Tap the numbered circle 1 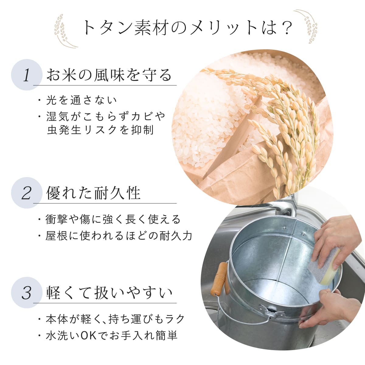pos(27,75)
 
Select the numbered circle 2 pos(27,193)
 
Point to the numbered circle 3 pos(27,293)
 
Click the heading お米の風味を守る pos(109,75)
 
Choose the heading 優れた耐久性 pos(93,193)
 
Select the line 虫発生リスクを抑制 pos(100,130)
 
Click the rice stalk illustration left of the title pos(64,31)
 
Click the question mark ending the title pos(285,28)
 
